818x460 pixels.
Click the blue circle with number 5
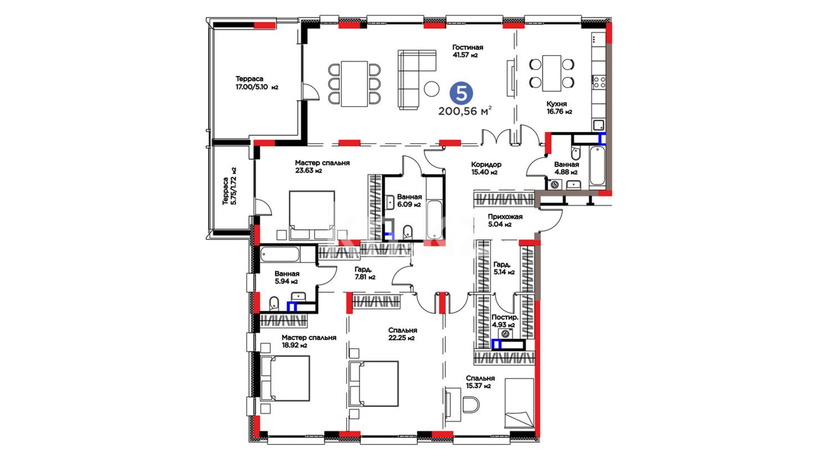coord(461,93)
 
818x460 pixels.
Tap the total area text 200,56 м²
coord(465,111)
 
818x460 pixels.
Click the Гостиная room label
coord(468,47)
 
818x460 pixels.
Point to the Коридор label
coord(486,164)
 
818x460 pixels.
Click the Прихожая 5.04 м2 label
coord(505,220)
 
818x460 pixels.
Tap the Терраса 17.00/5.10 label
coord(256,83)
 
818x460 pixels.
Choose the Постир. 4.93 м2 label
coord(505,321)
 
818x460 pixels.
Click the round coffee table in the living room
coord(432,89)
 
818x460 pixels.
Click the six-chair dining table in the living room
coord(354,84)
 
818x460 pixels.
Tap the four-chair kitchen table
coord(552,73)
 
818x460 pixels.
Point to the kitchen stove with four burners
coord(599,82)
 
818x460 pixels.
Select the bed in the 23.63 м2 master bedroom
coord(312,216)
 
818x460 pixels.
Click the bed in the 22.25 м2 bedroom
coord(374,384)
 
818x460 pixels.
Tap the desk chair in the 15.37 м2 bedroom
coord(470,405)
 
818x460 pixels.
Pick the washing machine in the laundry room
coord(506,333)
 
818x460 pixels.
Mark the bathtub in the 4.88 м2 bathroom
coord(597,166)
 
